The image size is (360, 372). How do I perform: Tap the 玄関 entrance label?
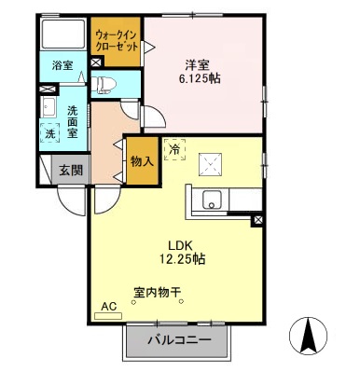[x=70, y=171]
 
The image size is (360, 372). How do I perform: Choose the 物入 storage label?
[x=142, y=162]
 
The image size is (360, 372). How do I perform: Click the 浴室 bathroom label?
[x=62, y=65]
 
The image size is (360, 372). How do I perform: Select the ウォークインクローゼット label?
[x=116, y=41]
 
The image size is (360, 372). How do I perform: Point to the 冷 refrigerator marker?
[x=174, y=147]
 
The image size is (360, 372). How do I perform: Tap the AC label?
[x=108, y=305]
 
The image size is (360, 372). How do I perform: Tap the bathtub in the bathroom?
[x=64, y=34]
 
